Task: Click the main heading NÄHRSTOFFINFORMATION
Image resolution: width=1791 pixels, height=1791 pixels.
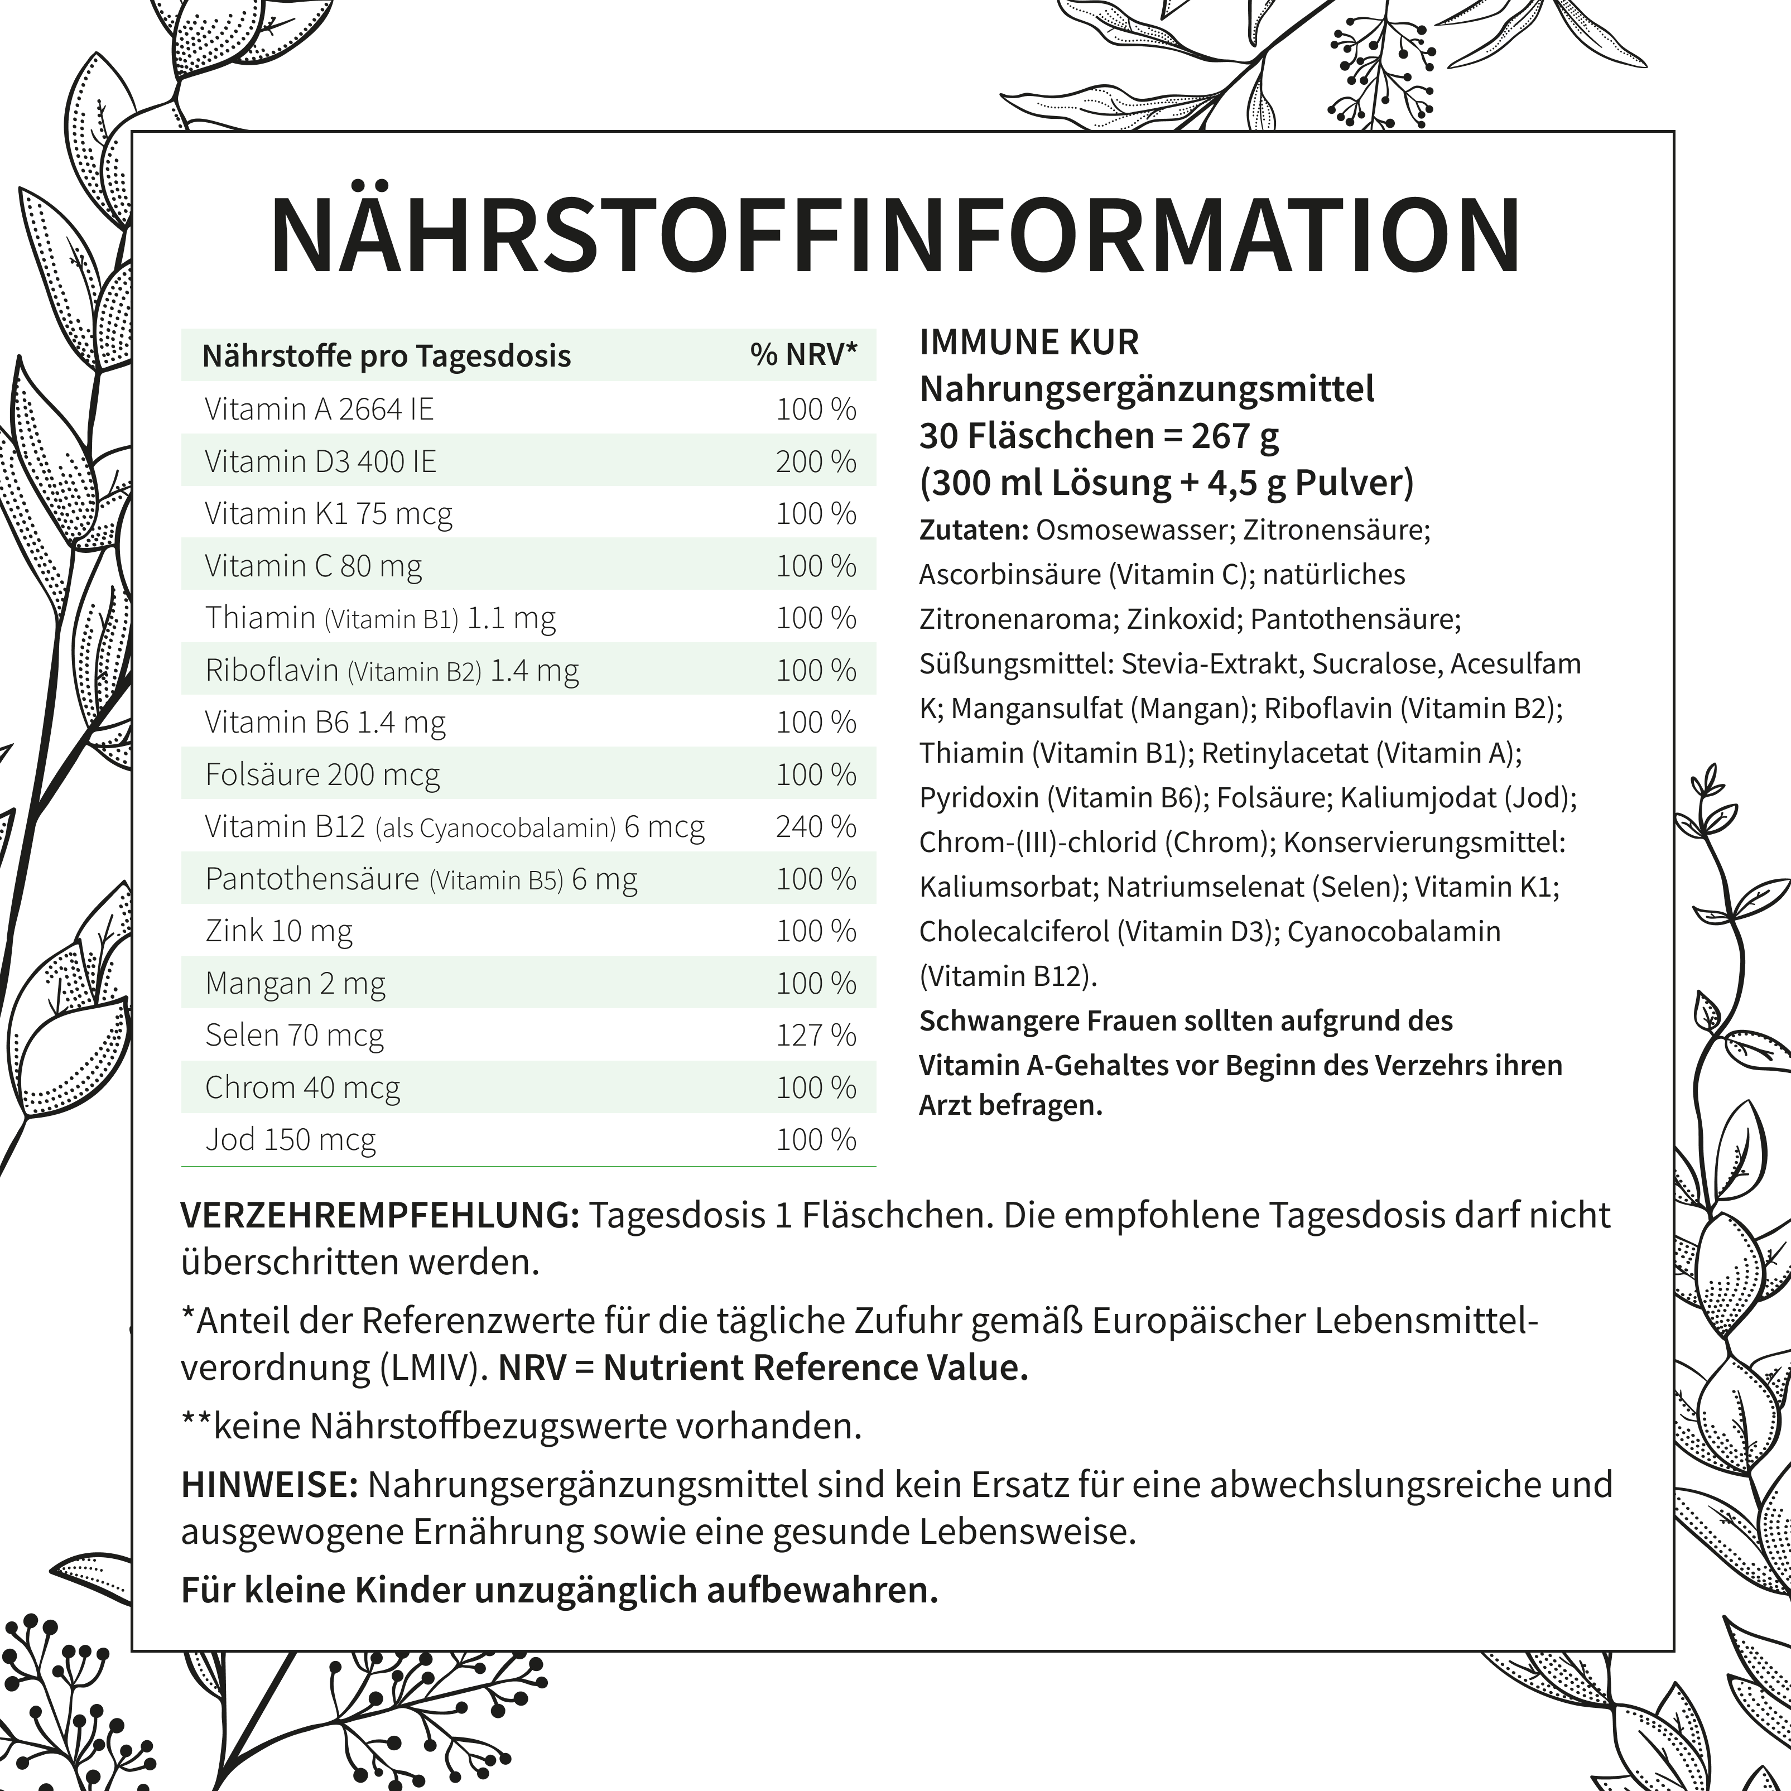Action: pos(894,234)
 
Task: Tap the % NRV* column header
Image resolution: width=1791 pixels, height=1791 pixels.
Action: pos(803,355)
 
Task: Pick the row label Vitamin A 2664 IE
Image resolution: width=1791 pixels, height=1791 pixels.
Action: pos(319,409)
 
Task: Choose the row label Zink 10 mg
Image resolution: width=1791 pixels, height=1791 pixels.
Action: pos(279,931)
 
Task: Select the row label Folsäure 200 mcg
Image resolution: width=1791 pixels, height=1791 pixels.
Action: pos(322,774)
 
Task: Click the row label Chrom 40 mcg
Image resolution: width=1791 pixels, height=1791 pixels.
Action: pos(302,1086)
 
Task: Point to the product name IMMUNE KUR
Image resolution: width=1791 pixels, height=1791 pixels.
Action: pos(1028,342)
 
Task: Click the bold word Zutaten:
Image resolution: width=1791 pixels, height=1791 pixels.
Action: pos(974,530)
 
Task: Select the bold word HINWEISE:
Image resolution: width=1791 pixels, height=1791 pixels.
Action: pos(269,1484)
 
